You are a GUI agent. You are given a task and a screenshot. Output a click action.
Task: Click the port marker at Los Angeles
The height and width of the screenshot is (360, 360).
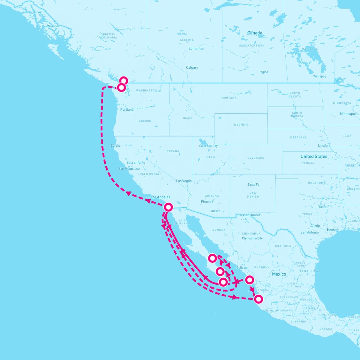click(x=168, y=207)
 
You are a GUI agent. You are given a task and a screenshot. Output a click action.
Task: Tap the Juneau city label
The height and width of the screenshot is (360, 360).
click(x=39, y=12)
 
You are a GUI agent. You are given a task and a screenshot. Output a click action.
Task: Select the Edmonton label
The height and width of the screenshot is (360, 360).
click(x=196, y=48)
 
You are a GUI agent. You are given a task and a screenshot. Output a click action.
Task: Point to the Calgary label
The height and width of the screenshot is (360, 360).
click(x=192, y=67)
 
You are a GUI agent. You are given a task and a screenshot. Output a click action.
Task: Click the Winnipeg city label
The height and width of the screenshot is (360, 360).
click(x=319, y=76)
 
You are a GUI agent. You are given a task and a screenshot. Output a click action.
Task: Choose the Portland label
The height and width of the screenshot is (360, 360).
click(x=127, y=109)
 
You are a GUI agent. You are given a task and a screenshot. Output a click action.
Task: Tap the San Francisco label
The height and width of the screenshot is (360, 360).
click(x=129, y=169)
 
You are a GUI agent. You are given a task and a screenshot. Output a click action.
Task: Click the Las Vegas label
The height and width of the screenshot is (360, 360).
click(x=184, y=181)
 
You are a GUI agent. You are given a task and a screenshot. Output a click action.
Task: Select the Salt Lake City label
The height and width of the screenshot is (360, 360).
click(x=208, y=146)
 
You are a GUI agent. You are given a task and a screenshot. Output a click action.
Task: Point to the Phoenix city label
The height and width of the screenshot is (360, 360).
click(x=207, y=202)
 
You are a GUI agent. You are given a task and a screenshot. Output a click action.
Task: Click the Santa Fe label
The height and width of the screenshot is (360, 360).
click(x=253, y=184)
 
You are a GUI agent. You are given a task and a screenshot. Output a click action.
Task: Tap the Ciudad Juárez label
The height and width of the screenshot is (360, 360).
click(x=250, y=215)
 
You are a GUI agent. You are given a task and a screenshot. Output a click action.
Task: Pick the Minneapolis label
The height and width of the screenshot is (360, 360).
click(x=349, y=114)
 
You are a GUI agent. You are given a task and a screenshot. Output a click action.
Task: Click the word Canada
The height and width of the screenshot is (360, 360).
click(x=255, y=33)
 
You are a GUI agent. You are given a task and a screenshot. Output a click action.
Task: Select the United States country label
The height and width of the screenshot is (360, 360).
click(x=314, y=156)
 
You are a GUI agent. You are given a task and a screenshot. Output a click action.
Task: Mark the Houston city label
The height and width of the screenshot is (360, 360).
click(x=333, y=230)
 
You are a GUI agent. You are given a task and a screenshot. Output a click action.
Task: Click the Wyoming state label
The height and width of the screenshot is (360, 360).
click(x=241, y=124)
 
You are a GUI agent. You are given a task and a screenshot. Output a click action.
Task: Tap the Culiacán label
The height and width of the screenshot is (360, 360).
click(x=242, y=268)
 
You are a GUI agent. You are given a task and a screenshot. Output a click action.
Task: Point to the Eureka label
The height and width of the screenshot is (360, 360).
click(x=115, y=145)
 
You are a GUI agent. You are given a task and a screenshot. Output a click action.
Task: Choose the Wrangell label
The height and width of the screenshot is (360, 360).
click(x=54, y=26)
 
